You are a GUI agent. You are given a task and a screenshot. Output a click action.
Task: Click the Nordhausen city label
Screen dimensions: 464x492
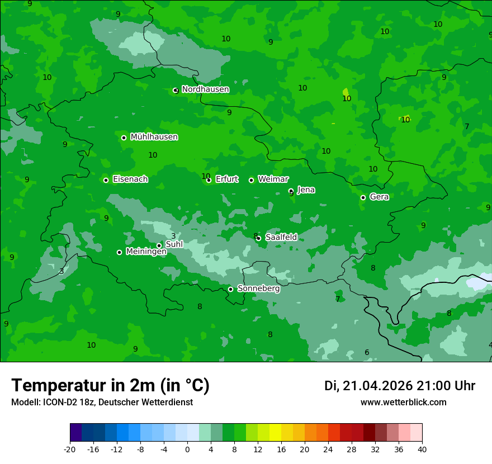[x=205, y=89]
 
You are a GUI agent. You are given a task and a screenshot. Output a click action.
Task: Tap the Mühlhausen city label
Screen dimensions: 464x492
[x=154, y=137]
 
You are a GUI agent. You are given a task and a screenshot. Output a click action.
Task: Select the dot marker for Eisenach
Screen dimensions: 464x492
[x=106, y=180]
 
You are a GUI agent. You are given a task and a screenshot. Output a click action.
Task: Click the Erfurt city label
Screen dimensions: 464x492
[x=226, y=179]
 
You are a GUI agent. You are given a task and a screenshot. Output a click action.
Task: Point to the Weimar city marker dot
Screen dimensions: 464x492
[x=251, y=180]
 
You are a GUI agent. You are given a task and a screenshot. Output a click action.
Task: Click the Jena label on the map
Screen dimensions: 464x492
[x=306, y=190]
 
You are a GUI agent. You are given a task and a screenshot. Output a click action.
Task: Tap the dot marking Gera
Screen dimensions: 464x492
[x=363, y=197]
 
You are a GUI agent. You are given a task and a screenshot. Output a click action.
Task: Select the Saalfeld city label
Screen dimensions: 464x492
[x=281, y=238]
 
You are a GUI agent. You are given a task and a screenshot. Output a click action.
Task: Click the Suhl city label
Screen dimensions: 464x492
[x=174, y=244]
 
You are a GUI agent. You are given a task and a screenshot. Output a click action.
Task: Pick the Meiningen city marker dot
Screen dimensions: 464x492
[x=119, y=252]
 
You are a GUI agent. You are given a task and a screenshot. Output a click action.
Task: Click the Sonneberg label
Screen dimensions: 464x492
[x=258, y=289]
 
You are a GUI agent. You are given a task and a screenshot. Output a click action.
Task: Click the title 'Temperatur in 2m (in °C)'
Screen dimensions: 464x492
[x=110, y=386]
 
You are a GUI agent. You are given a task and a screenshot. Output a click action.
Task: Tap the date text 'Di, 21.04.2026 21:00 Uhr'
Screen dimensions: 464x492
[x=400, y=386]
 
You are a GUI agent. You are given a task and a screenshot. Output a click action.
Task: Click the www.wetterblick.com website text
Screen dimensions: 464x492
[x=403, y=403]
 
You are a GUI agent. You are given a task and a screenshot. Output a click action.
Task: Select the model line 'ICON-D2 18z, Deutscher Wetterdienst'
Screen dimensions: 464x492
[x=102, y=403]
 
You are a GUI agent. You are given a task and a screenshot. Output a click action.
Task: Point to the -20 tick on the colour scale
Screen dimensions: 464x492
[x=70, y=448]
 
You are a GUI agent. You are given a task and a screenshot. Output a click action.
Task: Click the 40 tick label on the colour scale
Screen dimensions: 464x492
[x=422, y=448]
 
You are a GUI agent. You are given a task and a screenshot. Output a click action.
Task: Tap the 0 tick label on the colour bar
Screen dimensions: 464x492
[x=187, y=448]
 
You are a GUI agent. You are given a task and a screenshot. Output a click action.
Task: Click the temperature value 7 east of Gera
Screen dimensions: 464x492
[x=467, y=127]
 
